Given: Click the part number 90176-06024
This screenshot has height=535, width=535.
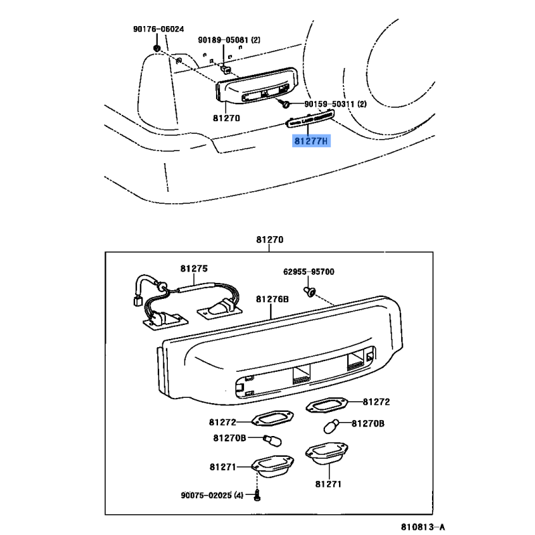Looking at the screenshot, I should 158,29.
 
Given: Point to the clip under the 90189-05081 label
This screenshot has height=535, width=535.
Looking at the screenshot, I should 227,68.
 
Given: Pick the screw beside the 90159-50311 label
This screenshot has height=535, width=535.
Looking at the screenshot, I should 286,104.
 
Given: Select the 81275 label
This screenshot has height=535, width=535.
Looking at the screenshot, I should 193,269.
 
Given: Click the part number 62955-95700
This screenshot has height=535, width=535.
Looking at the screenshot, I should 308,272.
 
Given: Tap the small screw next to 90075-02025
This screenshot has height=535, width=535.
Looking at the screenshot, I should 256,496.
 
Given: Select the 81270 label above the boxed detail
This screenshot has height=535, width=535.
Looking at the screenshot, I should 269,239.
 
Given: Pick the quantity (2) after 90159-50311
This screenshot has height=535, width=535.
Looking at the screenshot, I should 362,104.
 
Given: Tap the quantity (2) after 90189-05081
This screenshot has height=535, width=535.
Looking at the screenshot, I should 256,41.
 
